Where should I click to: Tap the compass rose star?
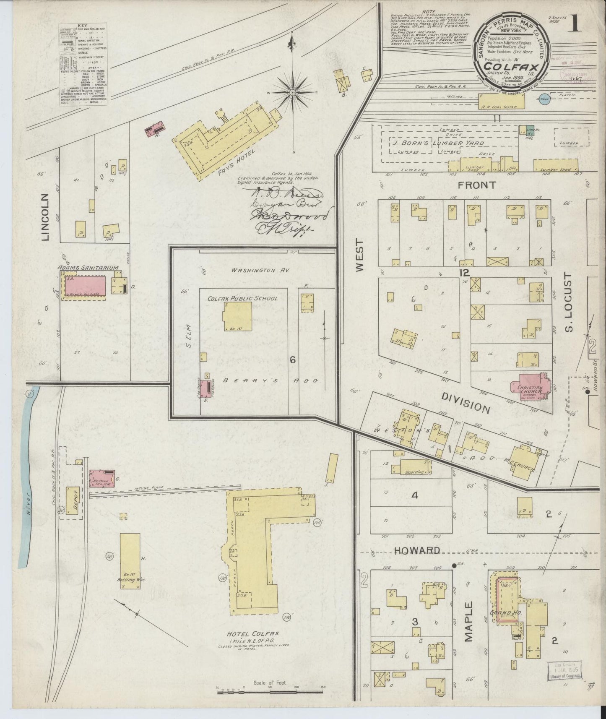292,92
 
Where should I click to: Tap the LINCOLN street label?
46,217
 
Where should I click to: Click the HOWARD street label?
417,550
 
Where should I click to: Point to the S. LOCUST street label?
569,303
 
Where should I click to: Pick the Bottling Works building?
129,561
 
